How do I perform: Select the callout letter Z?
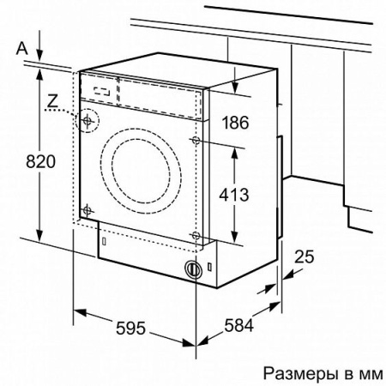[53, 101]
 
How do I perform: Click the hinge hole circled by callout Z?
[87, 121]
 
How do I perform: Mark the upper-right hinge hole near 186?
[198, 139]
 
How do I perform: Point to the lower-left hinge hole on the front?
[87, 208]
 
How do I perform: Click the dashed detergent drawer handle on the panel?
[102, 88]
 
